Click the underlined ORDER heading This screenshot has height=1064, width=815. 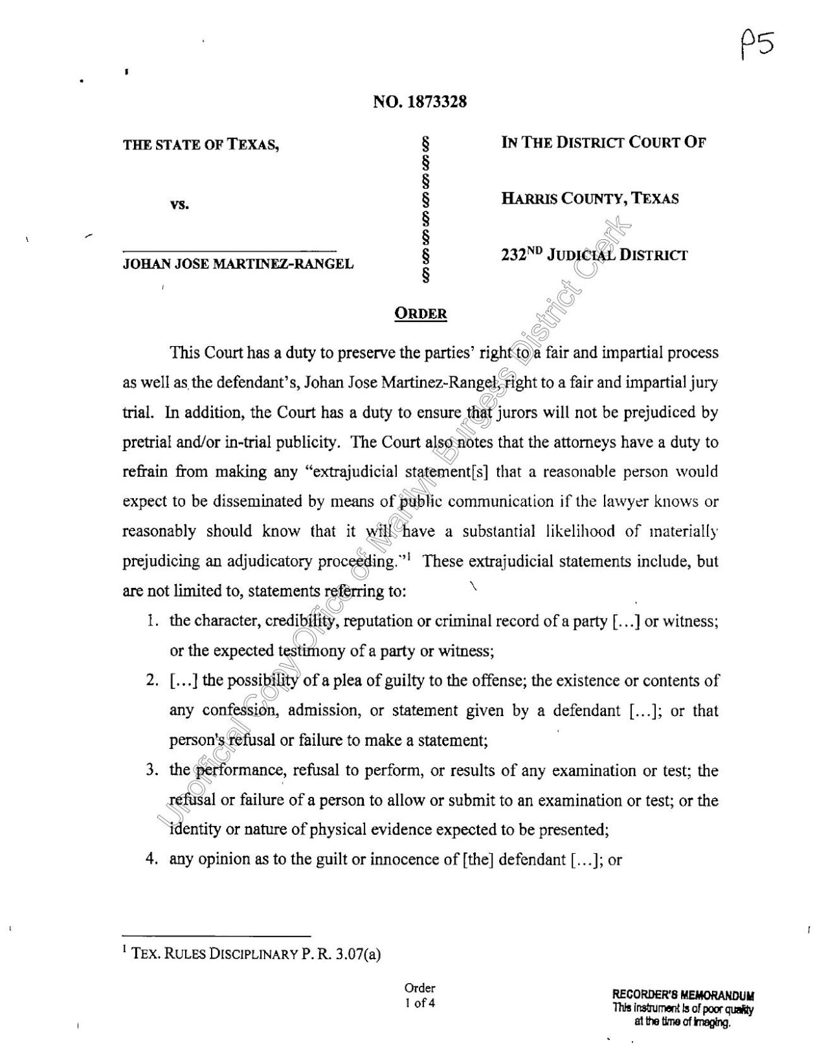pyautogui.click(x=421, y=314)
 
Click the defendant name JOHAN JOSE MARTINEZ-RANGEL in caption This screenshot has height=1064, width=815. pyautogui.click(x=238, y=263)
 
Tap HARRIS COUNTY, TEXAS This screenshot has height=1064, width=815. pyautogui.click(x=590, y=199)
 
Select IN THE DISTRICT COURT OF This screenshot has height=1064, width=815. pyautogui.click(x=603, y=142)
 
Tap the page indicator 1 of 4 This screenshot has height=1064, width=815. pyautogui.click(x=419, y=1004)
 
